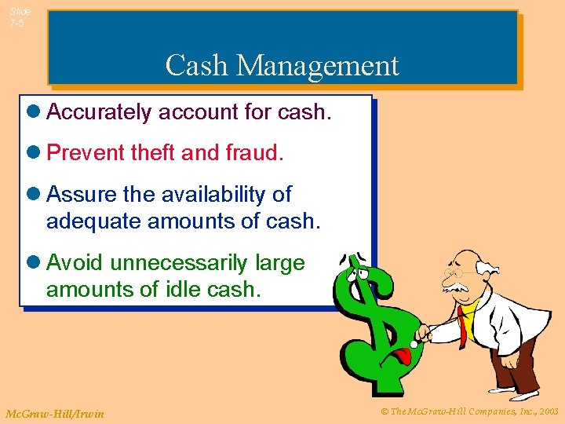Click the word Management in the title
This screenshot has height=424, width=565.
tap(318, 65)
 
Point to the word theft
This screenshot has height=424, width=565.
tap(153, 152)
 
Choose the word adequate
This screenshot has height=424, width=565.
tap(88, 221)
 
